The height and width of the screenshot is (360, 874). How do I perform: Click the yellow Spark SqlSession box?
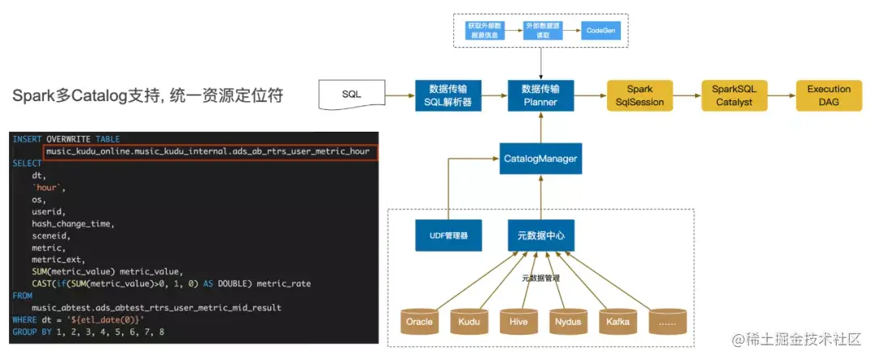click(x=639, y=95)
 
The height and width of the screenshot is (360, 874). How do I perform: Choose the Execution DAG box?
click(x=828, y=95)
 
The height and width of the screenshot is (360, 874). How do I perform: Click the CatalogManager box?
click(x=540, y=159)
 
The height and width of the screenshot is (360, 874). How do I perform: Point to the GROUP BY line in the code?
click(x=88, y=332)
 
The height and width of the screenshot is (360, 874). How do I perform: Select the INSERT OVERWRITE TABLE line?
click(x=66, y=139)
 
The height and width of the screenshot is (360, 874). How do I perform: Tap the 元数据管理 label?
click(x=541, y=277)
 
